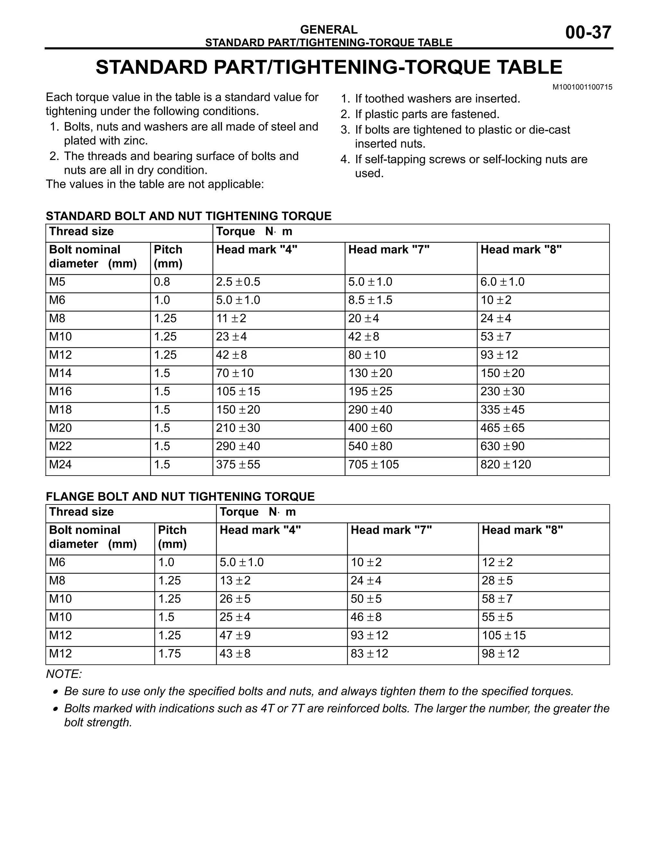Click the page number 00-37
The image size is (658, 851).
(588, 32)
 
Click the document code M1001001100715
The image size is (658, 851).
(582, 87)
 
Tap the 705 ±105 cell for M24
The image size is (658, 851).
(373, 464)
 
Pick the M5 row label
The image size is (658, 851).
(57, 282)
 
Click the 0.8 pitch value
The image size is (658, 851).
(162, 282)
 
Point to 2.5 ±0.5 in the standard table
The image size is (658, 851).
(238, 282)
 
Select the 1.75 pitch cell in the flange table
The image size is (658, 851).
(169, 654)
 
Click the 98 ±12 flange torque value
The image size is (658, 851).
(500, 654)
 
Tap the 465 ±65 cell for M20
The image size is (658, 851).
(502, 428)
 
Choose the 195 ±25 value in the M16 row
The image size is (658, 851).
(370, 391)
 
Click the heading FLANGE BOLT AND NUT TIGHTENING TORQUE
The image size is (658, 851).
(180, 496)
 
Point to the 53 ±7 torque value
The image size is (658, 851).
(495, 336)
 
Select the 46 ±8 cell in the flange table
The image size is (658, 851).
(366, 617)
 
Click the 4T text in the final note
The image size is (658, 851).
(267, 708)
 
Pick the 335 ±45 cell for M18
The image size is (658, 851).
(502, 409)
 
